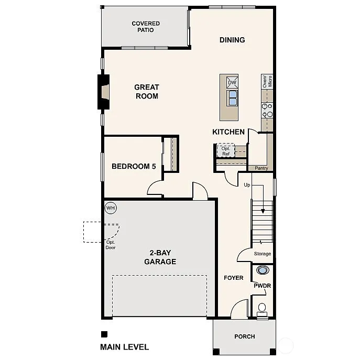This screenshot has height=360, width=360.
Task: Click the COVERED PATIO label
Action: [x=146, y=27]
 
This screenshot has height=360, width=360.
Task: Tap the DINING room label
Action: [x=232, y=40]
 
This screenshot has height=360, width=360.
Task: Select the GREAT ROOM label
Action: [x=146, y=92]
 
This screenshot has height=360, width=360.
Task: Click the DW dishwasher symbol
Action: [x=232, y=83]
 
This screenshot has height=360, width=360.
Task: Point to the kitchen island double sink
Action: [x=232, y=97]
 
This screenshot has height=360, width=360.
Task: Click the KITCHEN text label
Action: [x=228, y=132]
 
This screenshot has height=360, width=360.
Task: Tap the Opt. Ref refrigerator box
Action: [x=226, y=150]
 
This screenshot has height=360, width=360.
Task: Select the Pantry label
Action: [x=261, y=168]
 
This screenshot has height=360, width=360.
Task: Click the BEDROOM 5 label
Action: [x=134, y=167]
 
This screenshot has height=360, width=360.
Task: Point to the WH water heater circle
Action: [x=111, y=208]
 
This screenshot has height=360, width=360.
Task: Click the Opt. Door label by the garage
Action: [x=111, y=244]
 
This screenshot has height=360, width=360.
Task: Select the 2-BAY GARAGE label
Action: [x=160, y=257]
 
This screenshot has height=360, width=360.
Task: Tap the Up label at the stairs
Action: [x=247, y=185]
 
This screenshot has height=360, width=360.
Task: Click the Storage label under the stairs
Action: [x=263, y=254]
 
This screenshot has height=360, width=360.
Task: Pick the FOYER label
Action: [x=233, y=278]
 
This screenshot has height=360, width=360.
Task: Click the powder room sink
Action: [x=263, y=270]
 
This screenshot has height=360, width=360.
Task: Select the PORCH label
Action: [x=244, y=336]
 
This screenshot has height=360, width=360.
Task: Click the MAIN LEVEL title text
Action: [x=124, y=347]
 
